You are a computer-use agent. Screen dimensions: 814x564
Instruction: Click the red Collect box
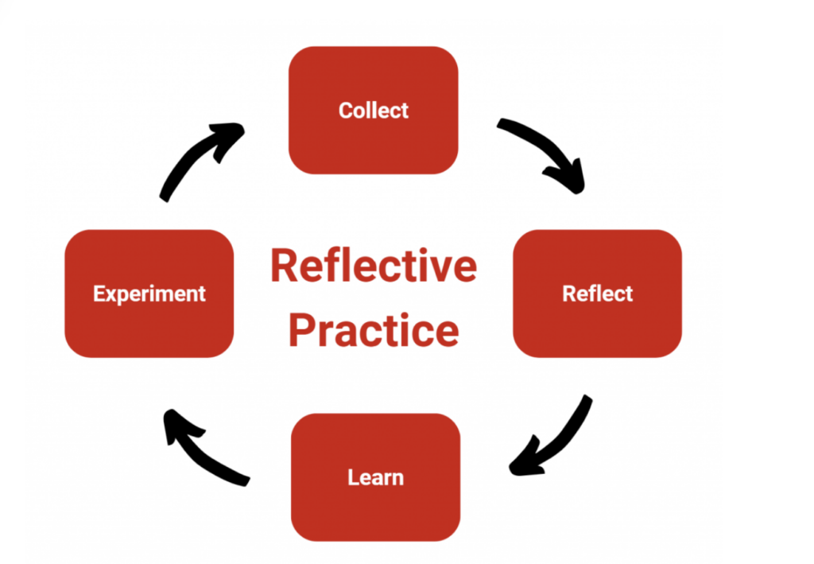374,110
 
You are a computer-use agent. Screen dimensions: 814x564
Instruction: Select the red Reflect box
597,294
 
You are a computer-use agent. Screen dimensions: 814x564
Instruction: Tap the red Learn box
375,477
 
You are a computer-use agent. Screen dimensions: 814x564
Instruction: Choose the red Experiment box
149,294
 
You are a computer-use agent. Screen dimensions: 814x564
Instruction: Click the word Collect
374,110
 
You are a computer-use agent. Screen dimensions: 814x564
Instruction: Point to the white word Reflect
598,294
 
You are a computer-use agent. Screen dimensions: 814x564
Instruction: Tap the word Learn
375,477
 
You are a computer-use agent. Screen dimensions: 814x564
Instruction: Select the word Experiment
149,294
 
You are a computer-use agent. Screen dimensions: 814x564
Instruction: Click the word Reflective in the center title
374,266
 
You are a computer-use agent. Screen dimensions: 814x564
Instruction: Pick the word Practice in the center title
374,330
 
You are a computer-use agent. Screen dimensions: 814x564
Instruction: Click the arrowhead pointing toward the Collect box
228,138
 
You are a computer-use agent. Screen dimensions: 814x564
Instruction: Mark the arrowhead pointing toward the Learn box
525,460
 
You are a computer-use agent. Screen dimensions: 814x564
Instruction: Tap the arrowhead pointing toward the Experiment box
179,425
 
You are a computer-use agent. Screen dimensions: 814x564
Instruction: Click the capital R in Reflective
284,266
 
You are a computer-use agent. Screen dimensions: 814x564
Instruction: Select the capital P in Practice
301,330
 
